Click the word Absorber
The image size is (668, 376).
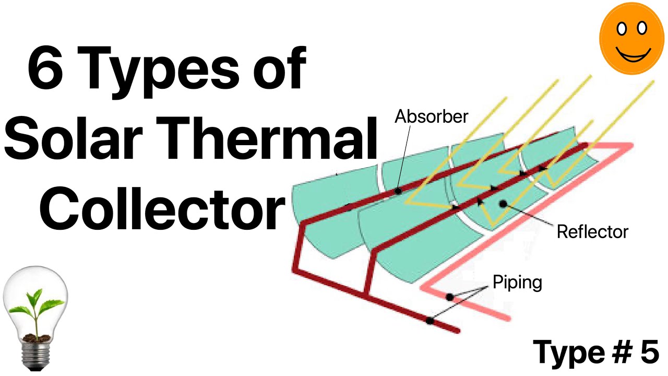tap(431, 116)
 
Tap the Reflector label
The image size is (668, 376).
tap(592, 232)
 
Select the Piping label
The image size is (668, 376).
tap(517, 283)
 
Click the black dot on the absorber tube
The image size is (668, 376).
tap(398, 191)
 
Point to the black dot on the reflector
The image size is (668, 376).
tap(503, 204)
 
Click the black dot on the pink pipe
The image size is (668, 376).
tap(450, 297)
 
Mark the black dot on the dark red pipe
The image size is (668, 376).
tap(430, 321)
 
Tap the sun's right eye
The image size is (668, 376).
tap(642, 28)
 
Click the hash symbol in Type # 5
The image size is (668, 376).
tap(622, 352)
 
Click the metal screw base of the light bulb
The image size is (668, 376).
tap(36, 355)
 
